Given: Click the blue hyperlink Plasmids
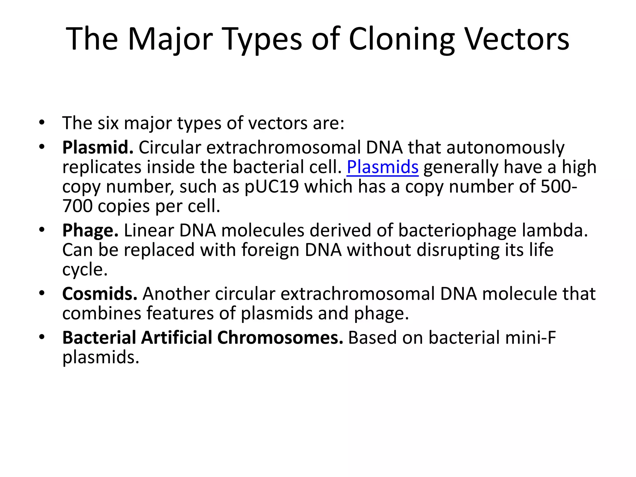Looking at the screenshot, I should click(x=382, y=167).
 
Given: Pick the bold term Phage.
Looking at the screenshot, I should click(x=90, y=230).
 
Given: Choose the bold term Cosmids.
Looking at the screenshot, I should click(x=100, y=294).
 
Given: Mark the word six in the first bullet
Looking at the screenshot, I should click(x=108, y=123).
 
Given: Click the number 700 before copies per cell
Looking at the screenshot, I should click(x=77, y=206).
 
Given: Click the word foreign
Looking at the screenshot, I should click(x=270, y=250).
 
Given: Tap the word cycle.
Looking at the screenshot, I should click(x=84, y=270).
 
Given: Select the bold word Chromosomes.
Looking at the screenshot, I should click(x=280, y=338).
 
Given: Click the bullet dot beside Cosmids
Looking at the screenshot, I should click(x=42, y=293).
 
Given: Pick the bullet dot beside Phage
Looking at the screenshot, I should click(x=42, y=230).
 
